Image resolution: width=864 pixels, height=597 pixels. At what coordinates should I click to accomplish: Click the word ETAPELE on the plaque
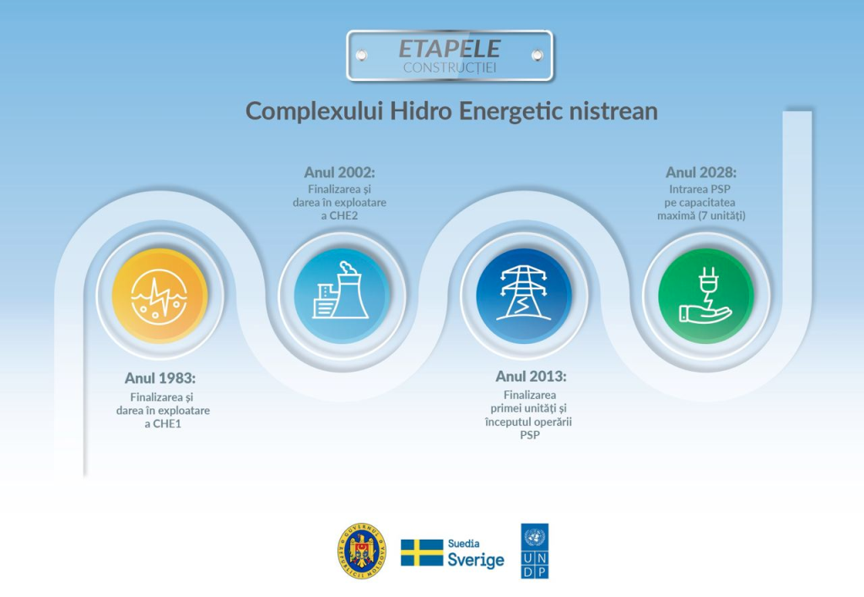tap(449, 48)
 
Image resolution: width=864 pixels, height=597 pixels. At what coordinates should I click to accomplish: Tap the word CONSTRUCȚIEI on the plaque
tap(450, 67)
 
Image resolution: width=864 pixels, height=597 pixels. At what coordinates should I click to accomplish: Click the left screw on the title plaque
tap(361, 55)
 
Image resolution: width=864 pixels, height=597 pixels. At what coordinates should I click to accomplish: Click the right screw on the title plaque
tap(537, 55)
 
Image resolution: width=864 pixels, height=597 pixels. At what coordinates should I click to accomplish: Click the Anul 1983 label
tap(159, 379)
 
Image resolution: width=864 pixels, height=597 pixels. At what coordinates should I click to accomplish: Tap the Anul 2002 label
tap(339, 172)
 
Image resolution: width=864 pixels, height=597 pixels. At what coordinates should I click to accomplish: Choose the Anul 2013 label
tap(531, 376)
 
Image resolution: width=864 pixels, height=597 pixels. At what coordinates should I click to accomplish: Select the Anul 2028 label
tap(701, 172)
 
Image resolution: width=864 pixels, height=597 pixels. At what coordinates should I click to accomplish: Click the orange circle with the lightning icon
tap(159, 296)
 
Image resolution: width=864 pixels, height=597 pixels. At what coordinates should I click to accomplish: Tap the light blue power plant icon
tap(342, 296)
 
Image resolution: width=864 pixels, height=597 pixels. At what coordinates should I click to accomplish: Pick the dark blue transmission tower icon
tap(523, 296)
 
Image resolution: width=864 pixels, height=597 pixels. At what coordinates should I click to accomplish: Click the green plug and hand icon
tap(706, 296)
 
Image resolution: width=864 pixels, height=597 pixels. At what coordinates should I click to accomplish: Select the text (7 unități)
tap(722, 216)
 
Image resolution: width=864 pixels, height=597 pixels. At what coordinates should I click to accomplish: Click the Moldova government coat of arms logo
tap(361, 551)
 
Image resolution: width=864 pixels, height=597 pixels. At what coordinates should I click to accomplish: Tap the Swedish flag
tap(422, 552)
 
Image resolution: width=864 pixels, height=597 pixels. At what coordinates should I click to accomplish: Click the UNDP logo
tap(534, 551)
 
